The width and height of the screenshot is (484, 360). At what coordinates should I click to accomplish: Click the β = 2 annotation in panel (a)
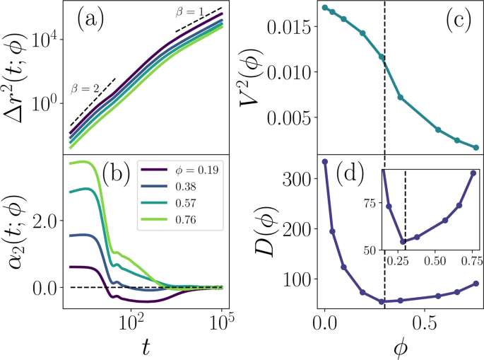[x=84, y=88]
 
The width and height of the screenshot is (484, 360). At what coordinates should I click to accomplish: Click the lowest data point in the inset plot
[x=403, y=241]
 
